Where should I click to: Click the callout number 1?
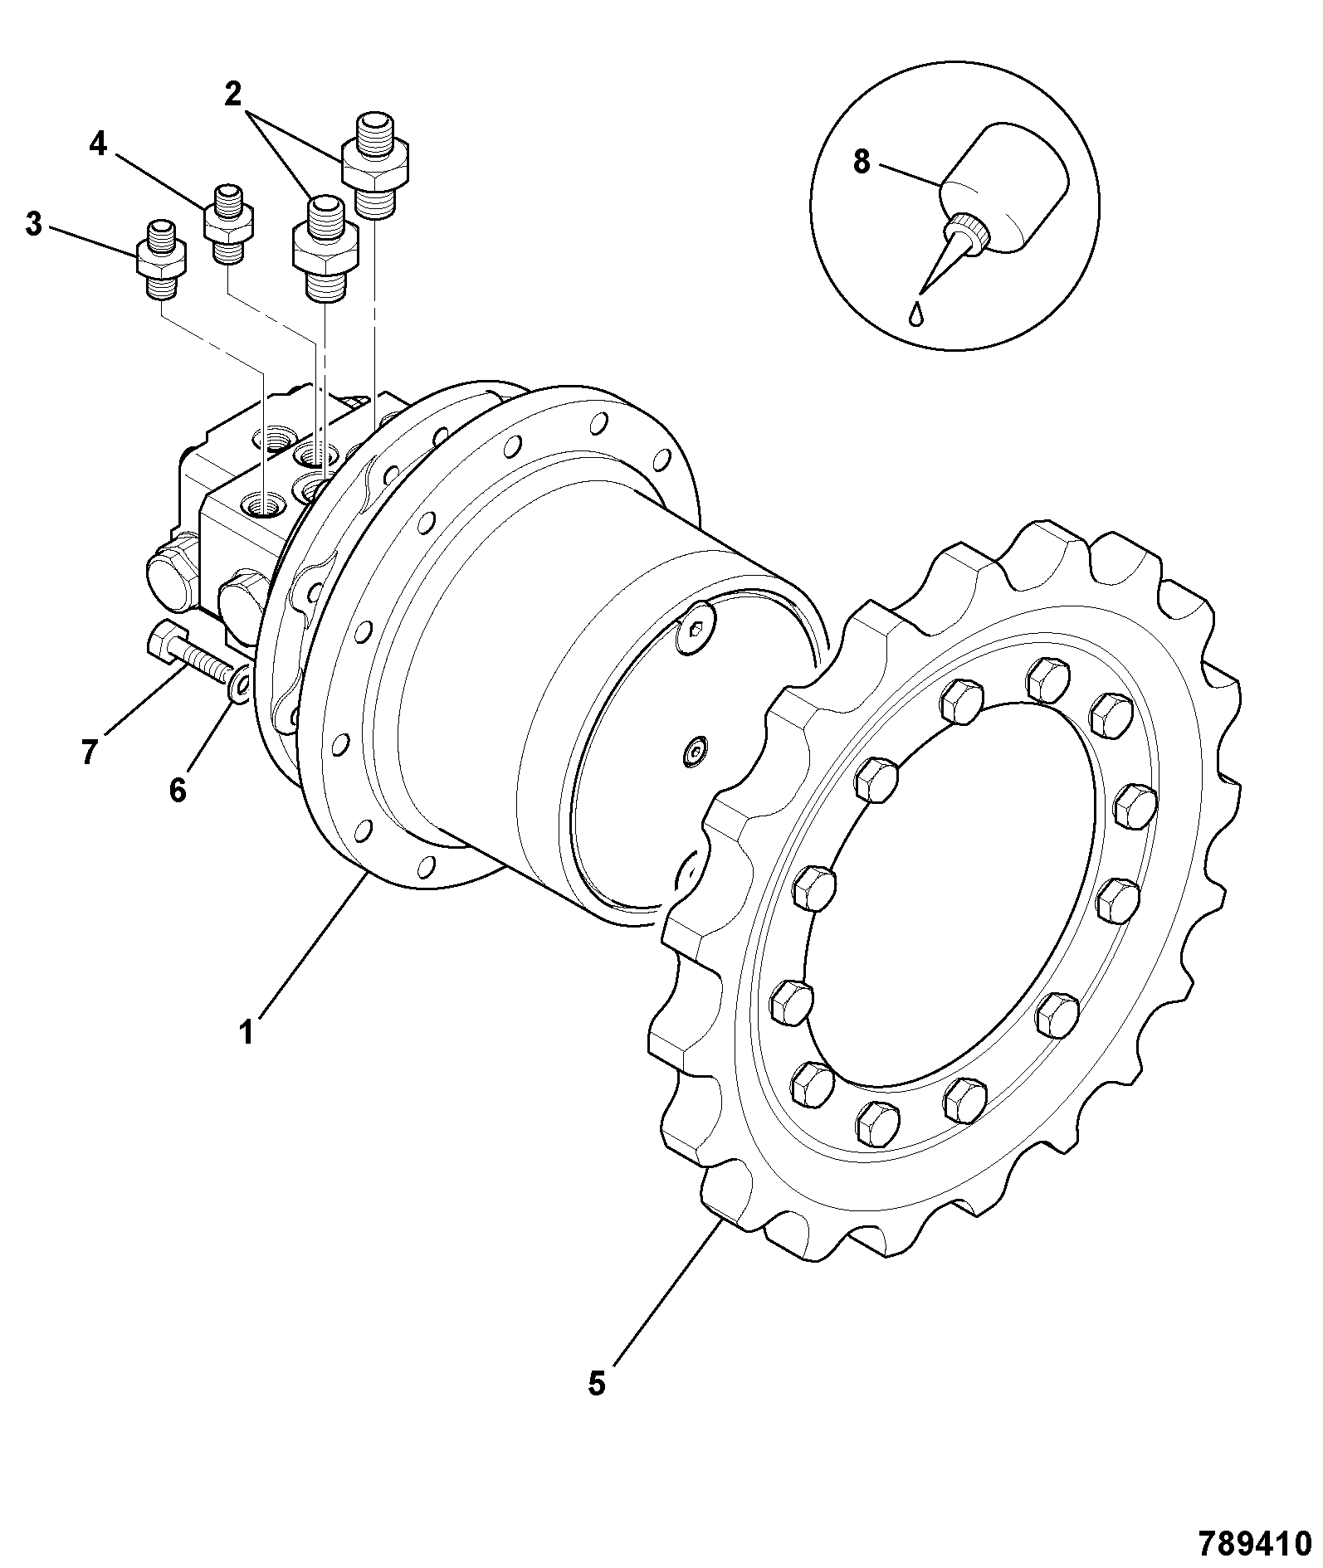246,1033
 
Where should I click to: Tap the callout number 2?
233,94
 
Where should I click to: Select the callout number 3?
33,223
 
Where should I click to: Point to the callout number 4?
98,144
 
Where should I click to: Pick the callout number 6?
178,790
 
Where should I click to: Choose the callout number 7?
90,752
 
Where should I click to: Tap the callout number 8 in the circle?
862,162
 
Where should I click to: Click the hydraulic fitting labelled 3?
162,259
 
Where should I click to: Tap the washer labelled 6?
240,683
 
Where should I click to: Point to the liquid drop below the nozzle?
916,314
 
